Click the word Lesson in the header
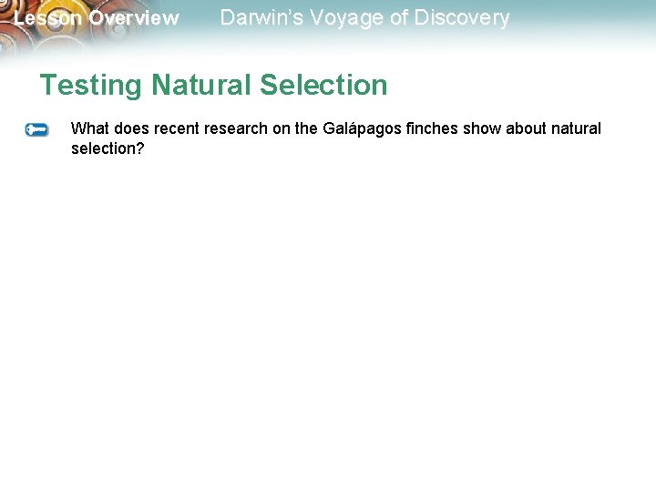[x=48, y=18]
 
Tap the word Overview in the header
[x=134, y=18]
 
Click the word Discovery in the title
[x=459, y=17]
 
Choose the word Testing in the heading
[x=91, y=86]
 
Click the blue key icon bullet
[x=36, y=130]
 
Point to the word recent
[x=176, y=128]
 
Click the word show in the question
[x=482, y=128]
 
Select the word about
[x=527, y=128]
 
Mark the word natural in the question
[x=577, y=128]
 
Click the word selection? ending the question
[x=108, y=149]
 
